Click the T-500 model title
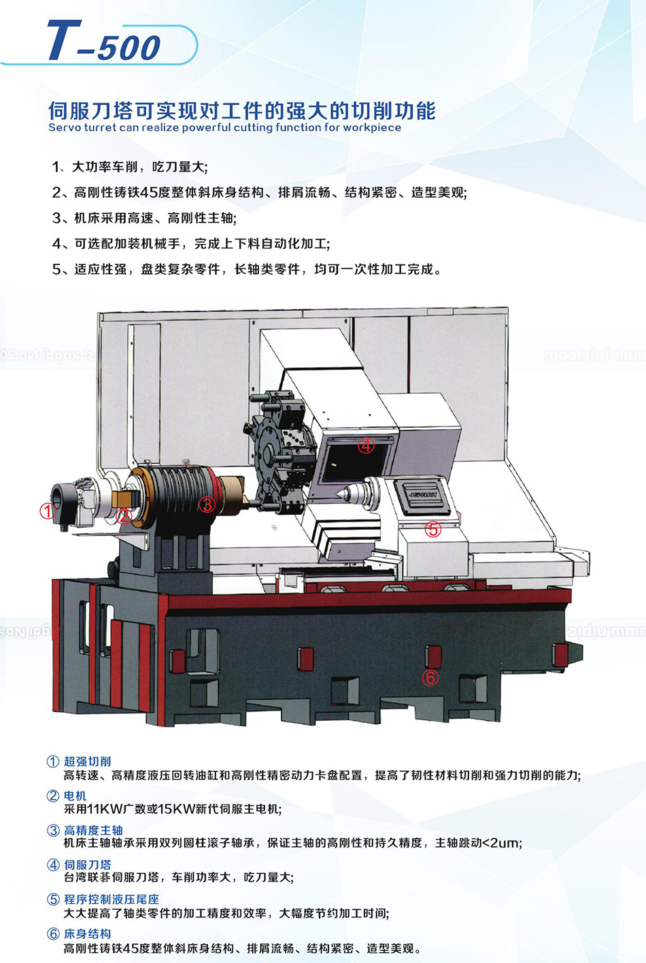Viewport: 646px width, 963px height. [103, 41]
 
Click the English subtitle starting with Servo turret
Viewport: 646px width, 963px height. [225, 128]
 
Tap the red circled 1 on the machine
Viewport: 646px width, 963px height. [48, 511]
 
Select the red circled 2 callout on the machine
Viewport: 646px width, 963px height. [124, 516]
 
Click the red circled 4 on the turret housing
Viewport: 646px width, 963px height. [366, 446]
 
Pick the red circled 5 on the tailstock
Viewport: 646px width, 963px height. [432, 529]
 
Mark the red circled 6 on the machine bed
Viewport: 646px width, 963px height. [430, 677]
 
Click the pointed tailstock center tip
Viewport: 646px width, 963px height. [338, 494]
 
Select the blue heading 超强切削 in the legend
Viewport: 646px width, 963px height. [87, 761]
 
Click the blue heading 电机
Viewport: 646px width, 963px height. [75, 795]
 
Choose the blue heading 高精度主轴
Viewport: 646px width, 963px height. [93, 830]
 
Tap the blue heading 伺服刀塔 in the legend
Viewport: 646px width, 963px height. [87, 864]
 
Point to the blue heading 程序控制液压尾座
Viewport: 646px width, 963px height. [112, 899]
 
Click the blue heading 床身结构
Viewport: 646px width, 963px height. [87, 934]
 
